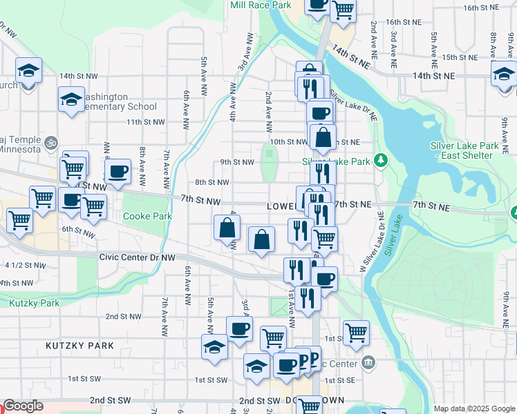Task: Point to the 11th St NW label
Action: tap(146, 122)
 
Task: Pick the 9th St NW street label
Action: tap(237, 162)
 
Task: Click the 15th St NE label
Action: tap(460, 57)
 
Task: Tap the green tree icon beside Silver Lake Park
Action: tap(379, 161)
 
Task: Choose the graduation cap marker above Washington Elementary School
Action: tap(70, 99)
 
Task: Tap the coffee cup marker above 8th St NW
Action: tap(117, 171)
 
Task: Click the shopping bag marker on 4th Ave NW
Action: tap(227, 227)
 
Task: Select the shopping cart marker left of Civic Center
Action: tap(356, 332)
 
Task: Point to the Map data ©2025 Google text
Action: tap(474, 408)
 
